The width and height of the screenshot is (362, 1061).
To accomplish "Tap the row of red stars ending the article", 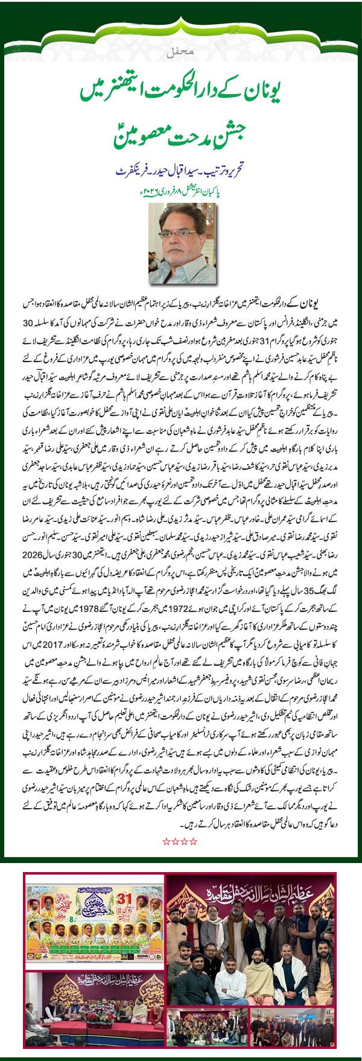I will click(x=180, y=840).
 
